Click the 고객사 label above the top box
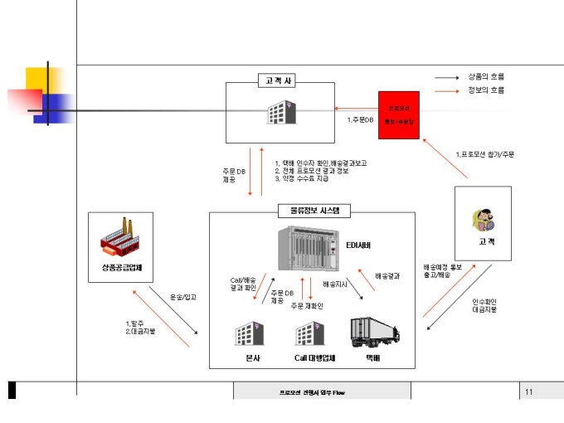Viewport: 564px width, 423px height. tap(280, 80)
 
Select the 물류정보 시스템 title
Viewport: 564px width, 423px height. tap(310, 211)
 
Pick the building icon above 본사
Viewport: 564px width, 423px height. tap(251, 333)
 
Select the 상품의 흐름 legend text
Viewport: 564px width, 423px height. tap(486, 76)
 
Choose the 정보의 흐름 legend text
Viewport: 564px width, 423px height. tap(486, 90)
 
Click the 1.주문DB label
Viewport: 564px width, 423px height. tap(360, 119)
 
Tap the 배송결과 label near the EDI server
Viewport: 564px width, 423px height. tap(387, 275)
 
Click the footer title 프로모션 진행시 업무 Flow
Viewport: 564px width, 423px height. tap(310, 391)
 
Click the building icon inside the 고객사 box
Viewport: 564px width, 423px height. tap(280, 114)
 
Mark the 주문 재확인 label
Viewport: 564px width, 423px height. tap(307, 305)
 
